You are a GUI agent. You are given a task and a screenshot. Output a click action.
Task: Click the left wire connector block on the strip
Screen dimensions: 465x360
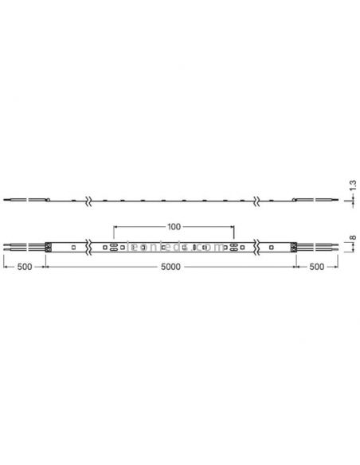50,248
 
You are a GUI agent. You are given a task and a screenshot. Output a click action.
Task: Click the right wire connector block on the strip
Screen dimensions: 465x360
295,248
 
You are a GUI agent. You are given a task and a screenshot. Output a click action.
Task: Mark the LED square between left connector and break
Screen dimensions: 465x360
72,248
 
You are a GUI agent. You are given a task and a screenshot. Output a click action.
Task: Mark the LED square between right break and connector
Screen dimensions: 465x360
273,248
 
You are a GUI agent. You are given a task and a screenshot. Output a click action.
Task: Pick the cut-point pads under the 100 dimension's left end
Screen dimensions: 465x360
114,248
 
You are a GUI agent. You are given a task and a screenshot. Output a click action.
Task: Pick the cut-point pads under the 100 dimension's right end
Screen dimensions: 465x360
233,248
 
